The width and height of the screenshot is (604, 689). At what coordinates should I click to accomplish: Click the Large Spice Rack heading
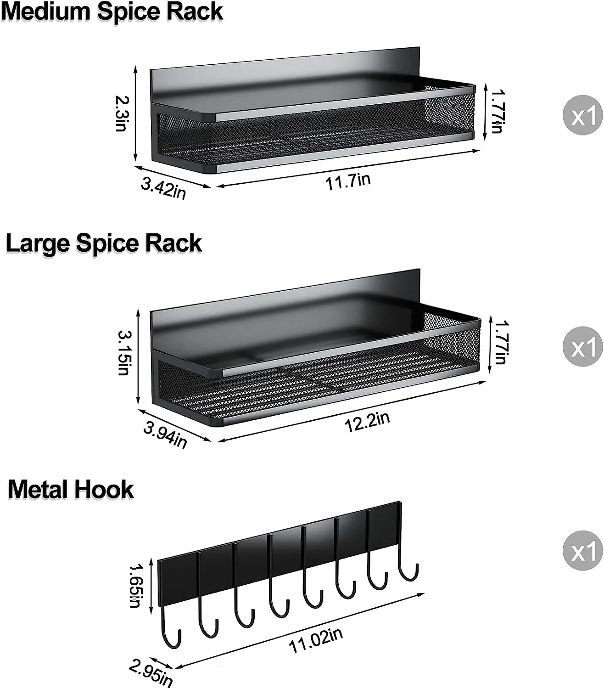tap(104, 243)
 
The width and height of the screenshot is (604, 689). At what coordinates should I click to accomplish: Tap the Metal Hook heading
tap(71, 489)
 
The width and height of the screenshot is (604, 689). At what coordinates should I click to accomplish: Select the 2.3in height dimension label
tap(123, 113)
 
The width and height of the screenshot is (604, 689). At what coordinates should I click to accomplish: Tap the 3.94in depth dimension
tap(166, 435)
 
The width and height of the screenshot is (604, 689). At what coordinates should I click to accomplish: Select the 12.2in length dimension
tap(367, 422)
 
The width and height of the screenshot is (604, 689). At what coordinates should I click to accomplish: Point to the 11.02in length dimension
tap(316, 640)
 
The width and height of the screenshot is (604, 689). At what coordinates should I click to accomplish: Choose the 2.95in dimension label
tap(151, 672)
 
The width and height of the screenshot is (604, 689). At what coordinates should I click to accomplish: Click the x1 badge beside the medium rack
tap(582, 115)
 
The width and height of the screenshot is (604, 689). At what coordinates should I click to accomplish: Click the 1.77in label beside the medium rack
tap(498, 111)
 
